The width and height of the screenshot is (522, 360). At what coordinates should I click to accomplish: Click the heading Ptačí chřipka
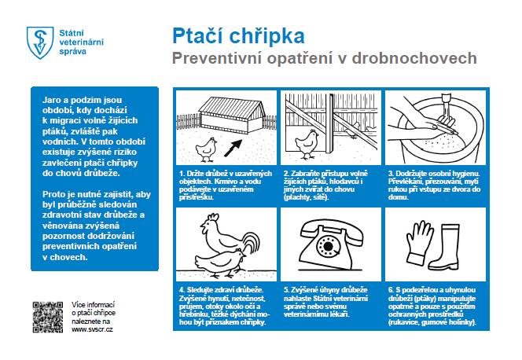227,36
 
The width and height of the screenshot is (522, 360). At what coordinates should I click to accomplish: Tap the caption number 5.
286,289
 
